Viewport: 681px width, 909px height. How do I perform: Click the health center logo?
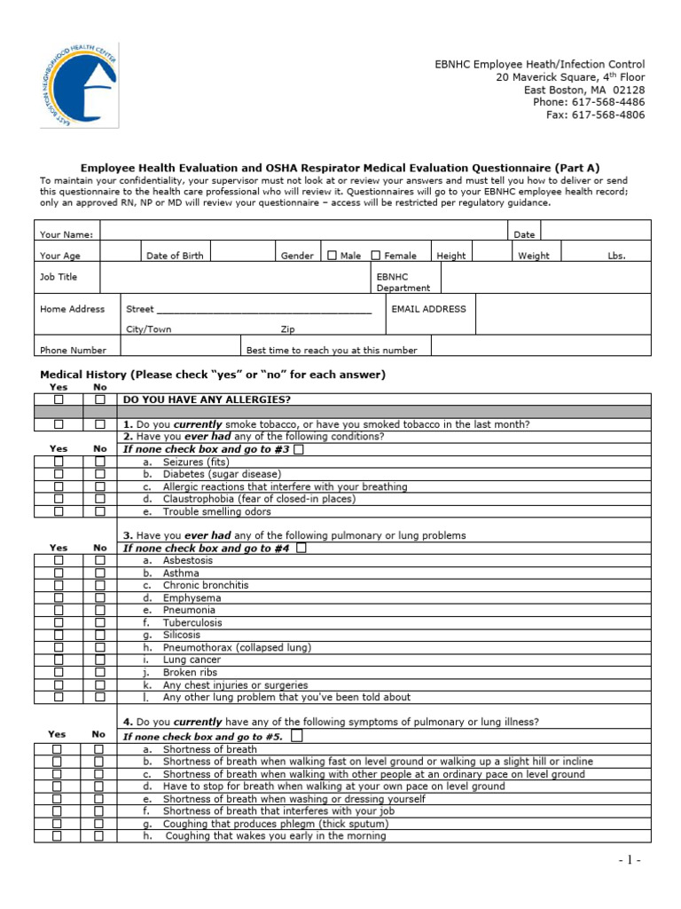point(79,85)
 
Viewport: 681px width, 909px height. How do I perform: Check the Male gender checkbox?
point(333,256)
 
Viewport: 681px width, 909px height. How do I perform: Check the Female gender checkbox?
point(376,256)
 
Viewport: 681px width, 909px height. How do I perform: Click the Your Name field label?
point(67,234)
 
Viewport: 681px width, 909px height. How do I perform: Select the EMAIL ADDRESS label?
point(428,309)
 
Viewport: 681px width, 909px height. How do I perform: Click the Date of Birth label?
point(175,256)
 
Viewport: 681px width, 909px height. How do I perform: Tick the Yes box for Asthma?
point(59,573)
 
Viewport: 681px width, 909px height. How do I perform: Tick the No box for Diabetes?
point(100,474)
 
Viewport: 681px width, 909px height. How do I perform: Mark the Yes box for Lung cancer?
point(59,660)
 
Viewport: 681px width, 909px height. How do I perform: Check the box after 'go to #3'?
point(298,449)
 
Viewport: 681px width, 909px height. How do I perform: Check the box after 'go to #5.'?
point(296,737)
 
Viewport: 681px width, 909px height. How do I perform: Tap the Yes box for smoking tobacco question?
point(59,424)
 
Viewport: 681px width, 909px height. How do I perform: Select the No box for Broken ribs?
point(100,673)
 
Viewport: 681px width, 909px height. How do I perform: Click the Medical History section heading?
point(213,375)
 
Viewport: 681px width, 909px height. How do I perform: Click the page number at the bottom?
point(629,860)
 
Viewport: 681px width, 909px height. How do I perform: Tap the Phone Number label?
point(73,351)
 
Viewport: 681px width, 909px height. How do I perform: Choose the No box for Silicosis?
point(100,636)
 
